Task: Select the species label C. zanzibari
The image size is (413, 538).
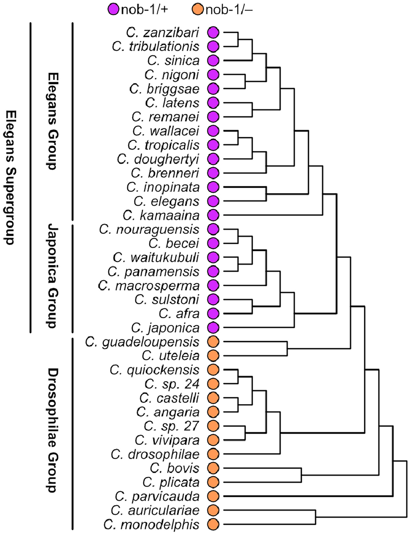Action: [163, 32]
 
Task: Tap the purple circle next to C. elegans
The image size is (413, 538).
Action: [213, 201]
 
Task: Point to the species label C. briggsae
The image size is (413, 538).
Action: [164, 89]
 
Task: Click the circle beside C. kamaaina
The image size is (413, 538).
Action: [213, 215]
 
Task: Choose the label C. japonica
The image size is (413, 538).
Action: [165, 328]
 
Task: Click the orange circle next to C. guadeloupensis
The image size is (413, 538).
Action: [213, 342]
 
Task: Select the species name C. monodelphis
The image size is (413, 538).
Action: [151, 524]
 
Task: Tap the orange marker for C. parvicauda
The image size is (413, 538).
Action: [213, 496]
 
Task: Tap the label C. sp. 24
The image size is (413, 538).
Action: [172, 384]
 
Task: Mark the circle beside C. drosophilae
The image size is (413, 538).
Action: [213, 454]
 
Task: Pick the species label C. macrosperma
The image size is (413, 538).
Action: [148, 286]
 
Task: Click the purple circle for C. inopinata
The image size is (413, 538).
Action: [213, 187]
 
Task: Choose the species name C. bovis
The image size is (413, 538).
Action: [175, 468]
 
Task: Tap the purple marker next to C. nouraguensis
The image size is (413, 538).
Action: [213, 229]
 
